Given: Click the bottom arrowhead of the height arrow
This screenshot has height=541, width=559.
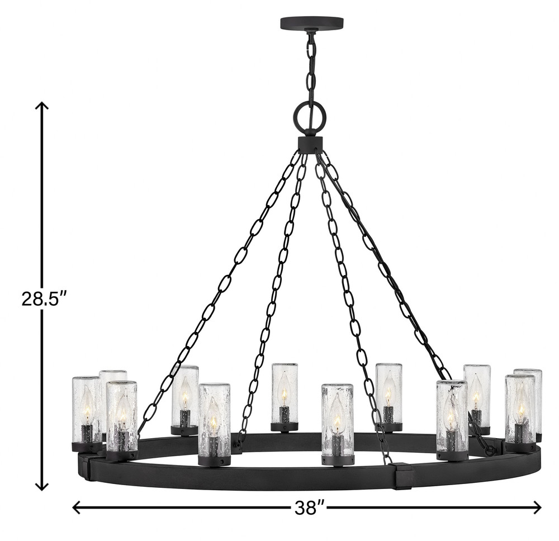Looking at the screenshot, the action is pyautogui.click(x=42, y=486).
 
